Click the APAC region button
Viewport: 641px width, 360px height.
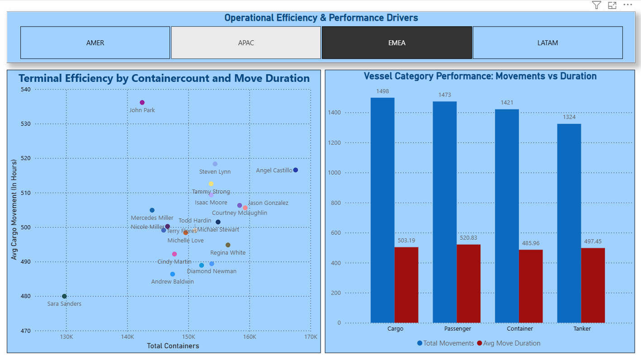(246, 43)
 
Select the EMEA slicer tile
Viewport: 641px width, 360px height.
(396, 43)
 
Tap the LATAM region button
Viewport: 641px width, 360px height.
(547, 43)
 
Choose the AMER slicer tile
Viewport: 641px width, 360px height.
(95, 43)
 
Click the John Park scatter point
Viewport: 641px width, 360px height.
(142, 103)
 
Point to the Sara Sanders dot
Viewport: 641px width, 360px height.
(64, 296)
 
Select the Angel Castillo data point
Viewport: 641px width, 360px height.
(296, 170)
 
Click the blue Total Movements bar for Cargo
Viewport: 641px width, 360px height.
(382, 210)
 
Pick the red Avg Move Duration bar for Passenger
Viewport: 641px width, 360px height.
(468, 284)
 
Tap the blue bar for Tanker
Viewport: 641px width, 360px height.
(569, 223)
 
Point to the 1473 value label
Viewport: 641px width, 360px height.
(444, 95)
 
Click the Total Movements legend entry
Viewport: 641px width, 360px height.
(445, 343)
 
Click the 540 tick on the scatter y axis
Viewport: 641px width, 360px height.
(25, 89)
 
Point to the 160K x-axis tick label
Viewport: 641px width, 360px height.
(250, 337)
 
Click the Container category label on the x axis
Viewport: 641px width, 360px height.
(520, 329)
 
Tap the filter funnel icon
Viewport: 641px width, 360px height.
(597, 5)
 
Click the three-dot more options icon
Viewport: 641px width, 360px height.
(627, 5)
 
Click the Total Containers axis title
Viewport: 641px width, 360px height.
(173, 346)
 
